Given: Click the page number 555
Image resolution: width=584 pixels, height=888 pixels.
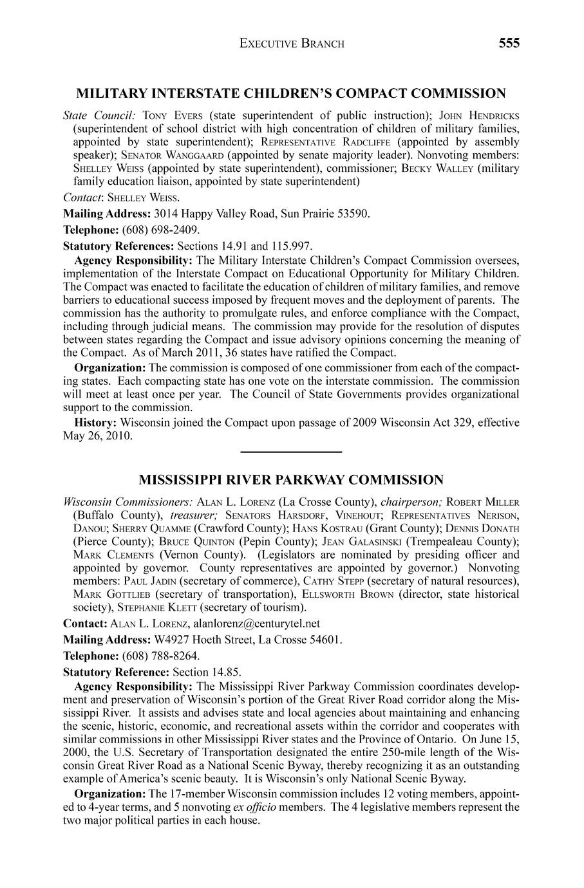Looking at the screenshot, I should pyautogui.click(x=508, y=43).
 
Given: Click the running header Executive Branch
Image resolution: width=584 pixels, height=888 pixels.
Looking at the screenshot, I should pyautogui.click(x=292, y=44).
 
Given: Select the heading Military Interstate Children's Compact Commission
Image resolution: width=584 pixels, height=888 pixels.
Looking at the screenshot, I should pyautogui.click(x=291, y=94).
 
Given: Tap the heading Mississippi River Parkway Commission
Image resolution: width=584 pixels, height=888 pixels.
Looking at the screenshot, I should pyautogui.click(x=291, y=480).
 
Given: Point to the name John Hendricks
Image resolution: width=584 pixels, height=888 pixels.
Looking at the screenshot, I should pyautogui.click(x=478, y=116).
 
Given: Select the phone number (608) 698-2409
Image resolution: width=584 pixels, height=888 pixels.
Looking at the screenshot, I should pyautogui.click(x=160, y=230).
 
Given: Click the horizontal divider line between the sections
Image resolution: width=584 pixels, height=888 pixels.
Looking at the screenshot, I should pyautogui.click(x=291, y=452).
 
